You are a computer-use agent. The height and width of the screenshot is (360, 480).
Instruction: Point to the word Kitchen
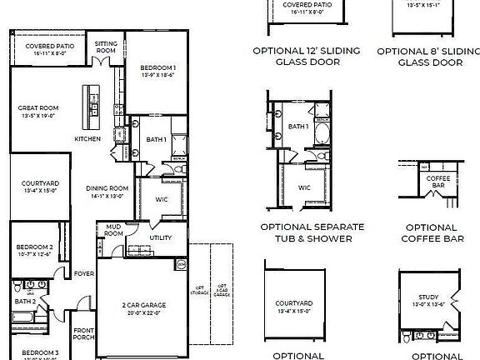[x=87, y=138]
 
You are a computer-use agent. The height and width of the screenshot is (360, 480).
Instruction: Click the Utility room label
[x=160, y=238]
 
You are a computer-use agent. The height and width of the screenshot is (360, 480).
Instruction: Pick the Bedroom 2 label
[x=34, y=247]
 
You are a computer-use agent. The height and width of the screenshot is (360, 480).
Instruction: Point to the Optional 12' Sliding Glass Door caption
[x=306, y=56]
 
